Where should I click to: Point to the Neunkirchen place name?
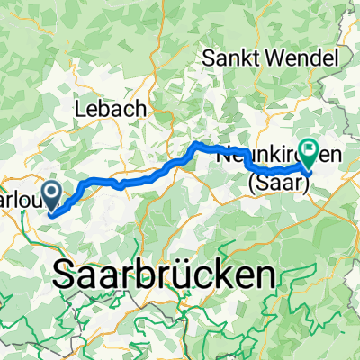279,155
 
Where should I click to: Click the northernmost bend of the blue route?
196,143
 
